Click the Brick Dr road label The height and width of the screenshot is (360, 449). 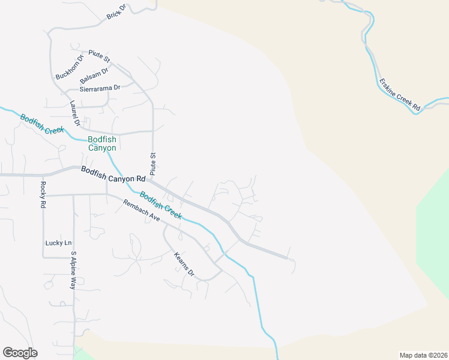click(116, 11)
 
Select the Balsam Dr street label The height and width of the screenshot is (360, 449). click(94, 76)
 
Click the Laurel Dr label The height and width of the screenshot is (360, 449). click(74, 113)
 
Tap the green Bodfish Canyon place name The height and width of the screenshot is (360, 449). click(102, 143)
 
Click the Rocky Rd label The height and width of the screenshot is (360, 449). click(43, 194)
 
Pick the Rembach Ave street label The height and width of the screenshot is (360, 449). click(141, 211)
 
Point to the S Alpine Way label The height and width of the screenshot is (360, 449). click(73, 271)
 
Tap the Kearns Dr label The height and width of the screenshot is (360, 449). click(184, 264)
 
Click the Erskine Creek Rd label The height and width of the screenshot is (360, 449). click(399, 94)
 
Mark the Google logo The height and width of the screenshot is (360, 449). click(20, 353)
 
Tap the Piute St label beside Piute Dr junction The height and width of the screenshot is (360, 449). click(100, 56)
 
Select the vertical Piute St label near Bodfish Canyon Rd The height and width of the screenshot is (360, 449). click(153, 163)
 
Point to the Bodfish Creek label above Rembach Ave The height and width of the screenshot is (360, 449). click(160, 205)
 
